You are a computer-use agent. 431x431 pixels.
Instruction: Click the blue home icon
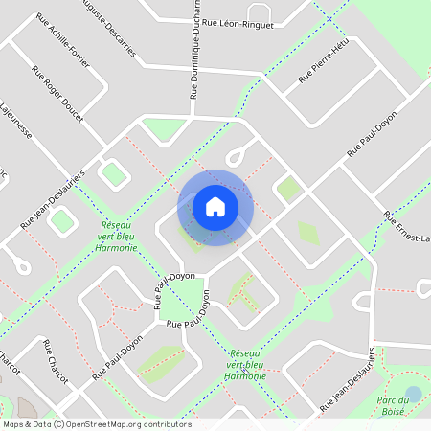215,207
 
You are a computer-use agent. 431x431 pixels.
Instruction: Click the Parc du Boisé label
397,405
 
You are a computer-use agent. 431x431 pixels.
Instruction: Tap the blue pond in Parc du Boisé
413,394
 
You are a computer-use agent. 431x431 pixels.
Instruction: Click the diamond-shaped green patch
307,232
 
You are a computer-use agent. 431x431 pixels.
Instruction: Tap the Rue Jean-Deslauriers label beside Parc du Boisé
353,378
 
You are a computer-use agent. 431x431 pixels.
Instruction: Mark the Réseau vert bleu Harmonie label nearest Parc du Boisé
245,365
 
